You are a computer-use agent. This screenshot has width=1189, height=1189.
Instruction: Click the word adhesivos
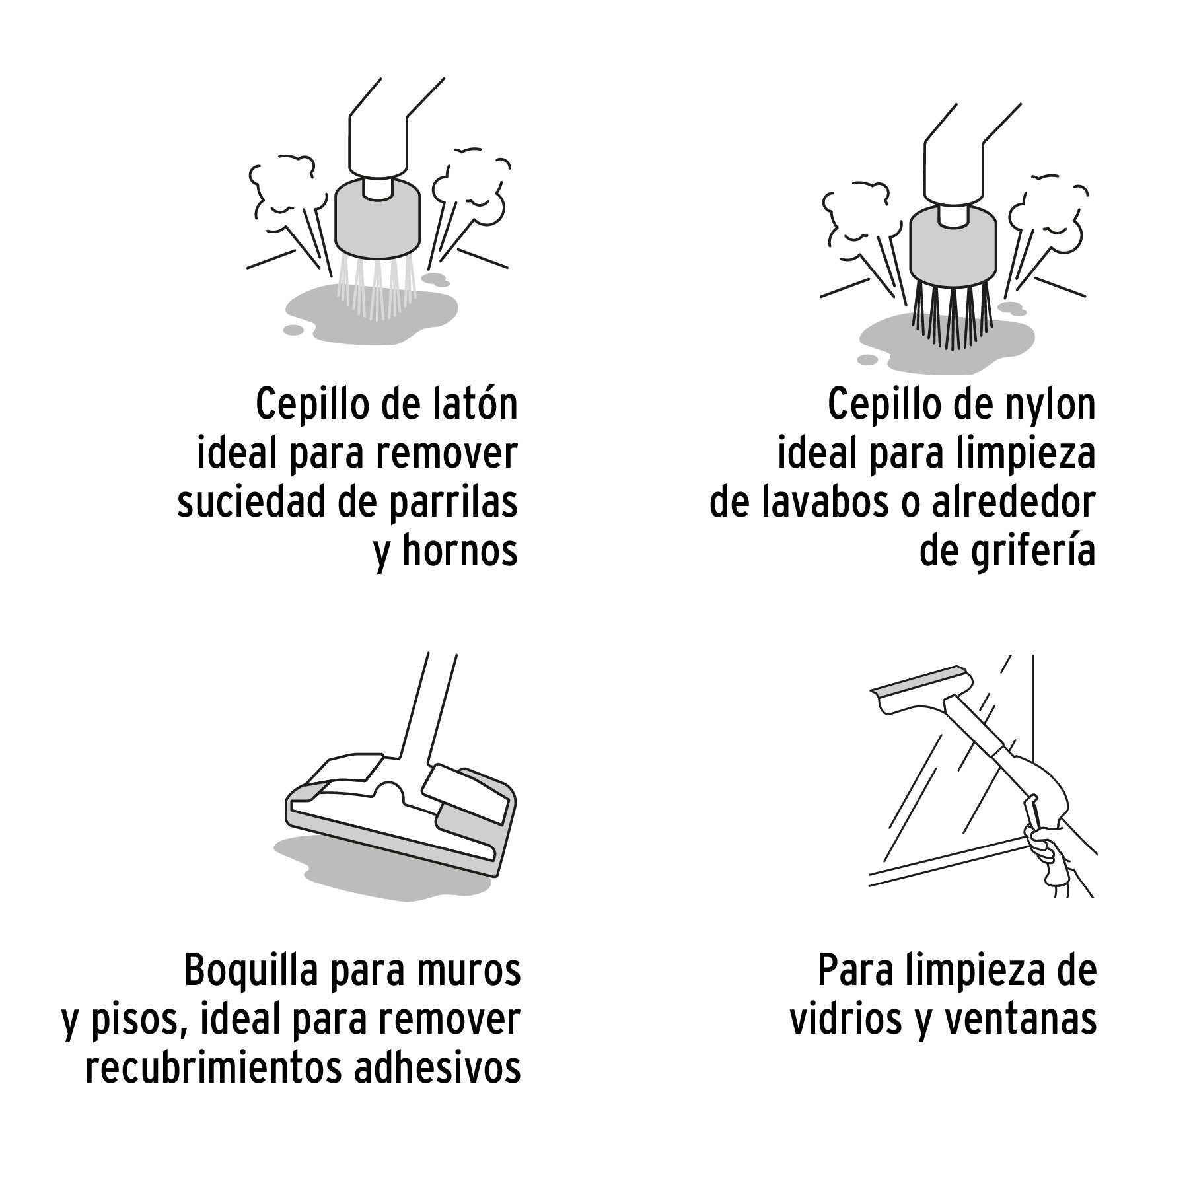point(437,1069)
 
